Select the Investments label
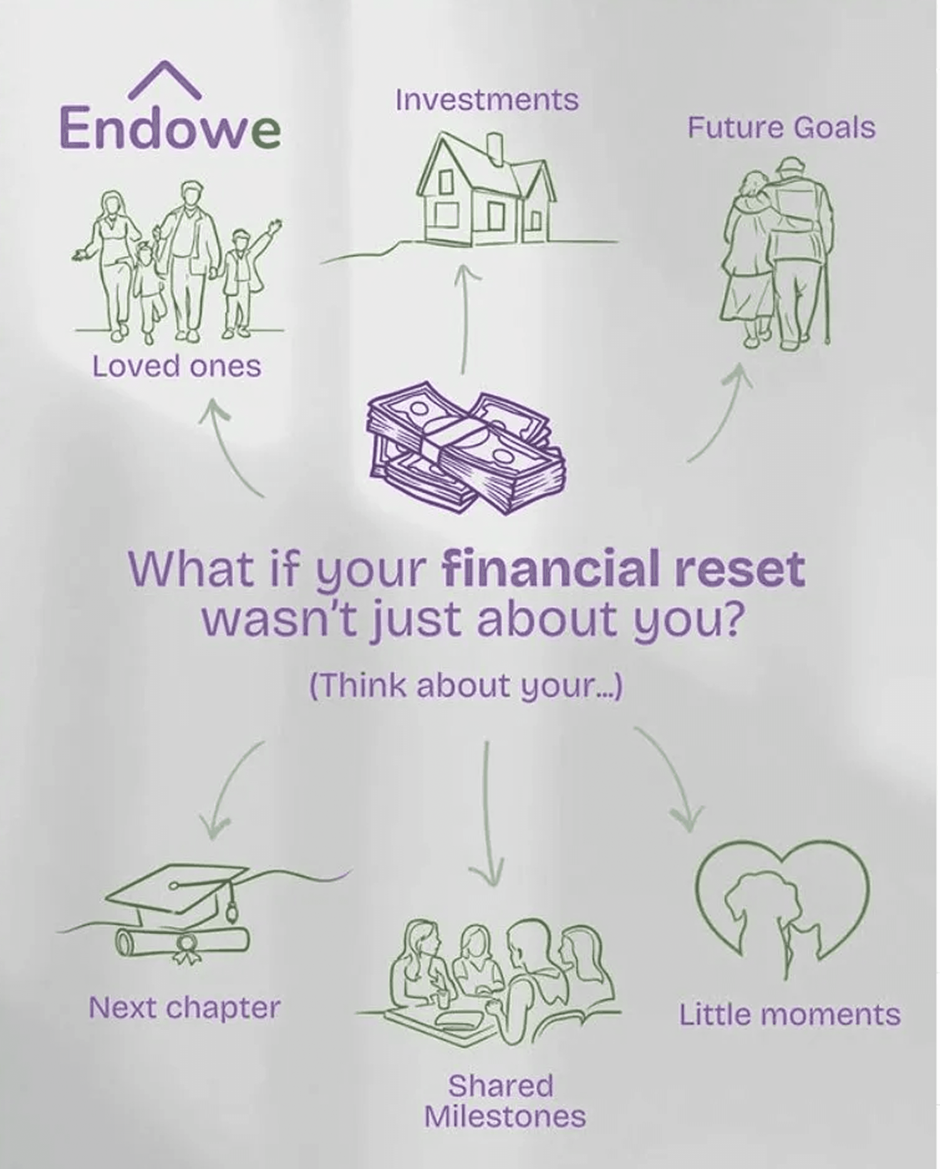[487, 100]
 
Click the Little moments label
[789, 1014]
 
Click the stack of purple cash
[466, 448]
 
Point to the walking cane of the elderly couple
[828, 304]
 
